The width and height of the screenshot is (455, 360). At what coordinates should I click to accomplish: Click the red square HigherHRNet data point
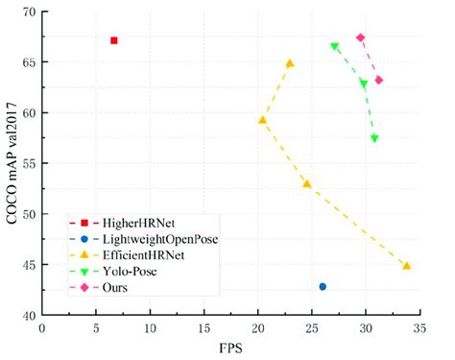coord(114,40)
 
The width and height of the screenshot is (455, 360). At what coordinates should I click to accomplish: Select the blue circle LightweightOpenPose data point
coord(323,286)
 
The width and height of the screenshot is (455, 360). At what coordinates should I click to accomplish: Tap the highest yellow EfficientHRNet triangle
coord(290,63)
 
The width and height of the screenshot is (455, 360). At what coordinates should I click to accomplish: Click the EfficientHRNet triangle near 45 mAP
coord(407,265)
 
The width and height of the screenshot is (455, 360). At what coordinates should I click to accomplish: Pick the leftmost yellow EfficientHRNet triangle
coord(262,120)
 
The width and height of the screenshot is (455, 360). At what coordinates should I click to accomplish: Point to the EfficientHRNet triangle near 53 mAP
coord(306,183)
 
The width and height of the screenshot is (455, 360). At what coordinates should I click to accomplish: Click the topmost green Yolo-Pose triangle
coord(334,46)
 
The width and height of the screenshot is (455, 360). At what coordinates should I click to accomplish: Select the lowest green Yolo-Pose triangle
coord(374,138)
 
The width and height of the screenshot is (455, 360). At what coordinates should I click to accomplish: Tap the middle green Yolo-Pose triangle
coord(364,84)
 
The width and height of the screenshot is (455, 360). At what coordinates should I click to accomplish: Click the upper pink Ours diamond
coord(360,37)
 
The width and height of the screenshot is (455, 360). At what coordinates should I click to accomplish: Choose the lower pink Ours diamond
coord(379,80)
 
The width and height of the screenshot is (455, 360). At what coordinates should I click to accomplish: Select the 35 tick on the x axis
coord(419,328)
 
